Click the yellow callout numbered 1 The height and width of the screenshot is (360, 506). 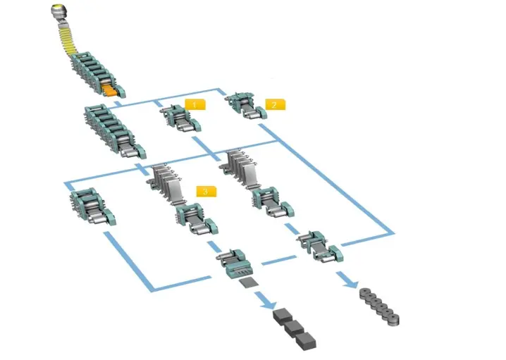tap(195, 104)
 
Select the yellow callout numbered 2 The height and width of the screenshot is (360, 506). tap(275, 104)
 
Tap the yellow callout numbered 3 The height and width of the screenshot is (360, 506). tap(206, 192)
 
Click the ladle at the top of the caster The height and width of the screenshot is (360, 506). tap(60, 12)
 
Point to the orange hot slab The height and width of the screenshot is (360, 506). tap(110, 91)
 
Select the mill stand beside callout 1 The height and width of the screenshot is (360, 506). tap(180, 118)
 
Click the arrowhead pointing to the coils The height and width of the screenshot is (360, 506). tap(351, 283)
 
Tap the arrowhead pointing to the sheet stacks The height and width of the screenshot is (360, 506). tap(269, 304)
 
